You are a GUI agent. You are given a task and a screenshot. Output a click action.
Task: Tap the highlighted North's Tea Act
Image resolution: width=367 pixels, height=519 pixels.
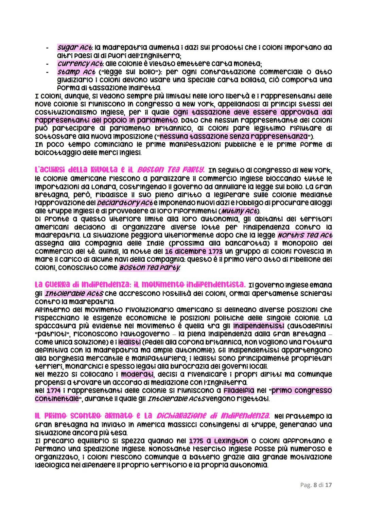[304, 235]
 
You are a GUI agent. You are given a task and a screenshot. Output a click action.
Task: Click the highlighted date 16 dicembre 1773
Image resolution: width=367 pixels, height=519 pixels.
[194, 252]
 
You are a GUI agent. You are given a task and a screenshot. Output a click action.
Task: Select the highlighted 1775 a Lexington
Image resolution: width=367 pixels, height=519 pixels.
[219, 441]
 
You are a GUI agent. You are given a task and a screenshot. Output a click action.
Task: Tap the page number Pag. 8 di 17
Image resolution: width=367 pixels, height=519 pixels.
[316, 485]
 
